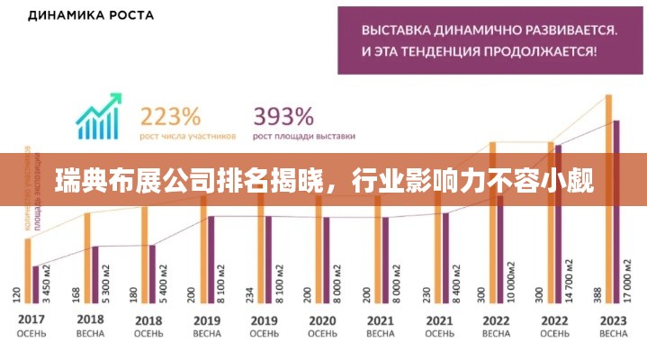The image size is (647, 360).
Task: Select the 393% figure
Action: (283, 116)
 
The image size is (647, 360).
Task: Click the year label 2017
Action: (31, 320)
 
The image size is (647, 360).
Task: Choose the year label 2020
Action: (322, 320)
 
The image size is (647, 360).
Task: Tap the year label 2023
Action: (614, 320)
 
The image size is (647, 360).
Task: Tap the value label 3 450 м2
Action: (45, 284)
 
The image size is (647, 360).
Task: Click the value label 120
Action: (17, 293)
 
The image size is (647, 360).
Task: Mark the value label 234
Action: (251, 293)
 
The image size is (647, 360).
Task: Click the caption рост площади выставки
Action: (304, 136)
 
